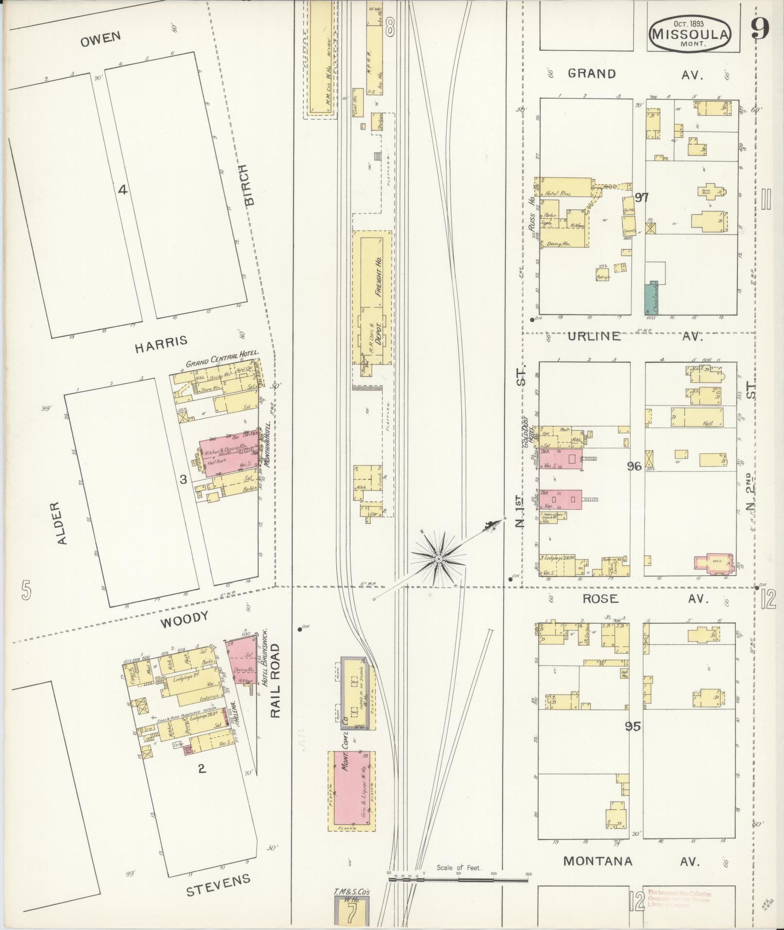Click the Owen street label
point(100,39)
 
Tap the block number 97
point(642,197)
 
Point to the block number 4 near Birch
point(123,190)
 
